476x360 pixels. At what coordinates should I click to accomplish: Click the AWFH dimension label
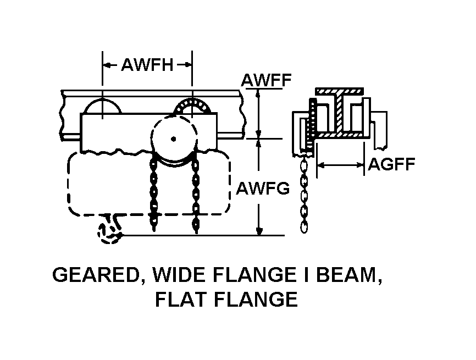pyautogui.click(x=147, y=65)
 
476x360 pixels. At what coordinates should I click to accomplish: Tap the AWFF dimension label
pyautogui.click(x=266, y=81)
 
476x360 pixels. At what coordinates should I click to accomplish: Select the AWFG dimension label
pyautogui.click(x=263, y=189)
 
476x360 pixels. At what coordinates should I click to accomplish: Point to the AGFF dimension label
pyautogui.click(x=391, y=164)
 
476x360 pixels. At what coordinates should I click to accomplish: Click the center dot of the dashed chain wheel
pyautogui.click(x=173, y=138)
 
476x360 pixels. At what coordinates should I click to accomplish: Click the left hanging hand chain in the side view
pyautogui.click(x=154, y=192)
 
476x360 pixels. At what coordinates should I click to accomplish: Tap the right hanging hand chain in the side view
pyautogui.click(x=195, y=192)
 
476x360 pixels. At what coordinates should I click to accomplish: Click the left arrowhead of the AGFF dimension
pyautogui.click(x=321, y=164)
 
